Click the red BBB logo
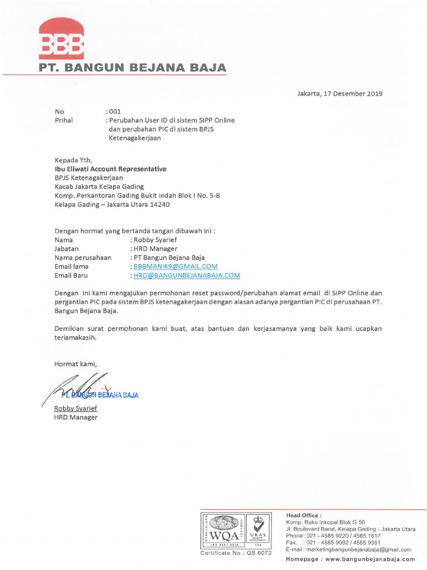(x=61, y=40)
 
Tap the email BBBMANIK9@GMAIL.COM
(x=173, y=267)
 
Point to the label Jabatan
(x=66, y=249)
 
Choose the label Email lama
(x=72, y=267)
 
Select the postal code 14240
(x=158, y=204)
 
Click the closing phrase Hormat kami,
(x=75, y=364)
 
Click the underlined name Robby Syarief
(x=75, y=409)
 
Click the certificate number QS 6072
(x=260, y=553)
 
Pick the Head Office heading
(x=304, y=515)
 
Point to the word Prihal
(x=64, y=120)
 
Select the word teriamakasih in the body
(x=76, y=337)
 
